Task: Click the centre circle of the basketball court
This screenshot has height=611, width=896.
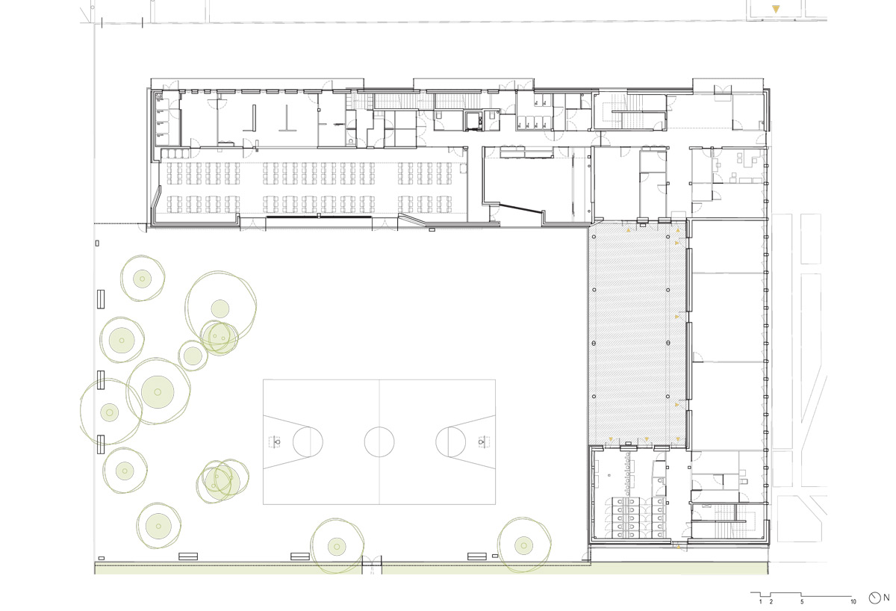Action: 379,441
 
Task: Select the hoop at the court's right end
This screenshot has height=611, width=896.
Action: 482,441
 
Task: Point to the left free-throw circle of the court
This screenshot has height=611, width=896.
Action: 307,441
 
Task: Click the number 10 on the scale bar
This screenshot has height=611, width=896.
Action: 853,601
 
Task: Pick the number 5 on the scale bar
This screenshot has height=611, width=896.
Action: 802,601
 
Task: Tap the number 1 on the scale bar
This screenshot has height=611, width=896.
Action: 761,601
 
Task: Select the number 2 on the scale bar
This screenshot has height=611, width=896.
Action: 771,601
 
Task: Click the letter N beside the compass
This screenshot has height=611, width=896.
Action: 886,598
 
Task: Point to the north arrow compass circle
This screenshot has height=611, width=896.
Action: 875,598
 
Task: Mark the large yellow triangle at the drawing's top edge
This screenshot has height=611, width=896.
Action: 777,10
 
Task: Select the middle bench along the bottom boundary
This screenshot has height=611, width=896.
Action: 300,556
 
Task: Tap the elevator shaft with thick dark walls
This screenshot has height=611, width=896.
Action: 472,119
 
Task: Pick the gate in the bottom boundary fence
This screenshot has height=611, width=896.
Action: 371,565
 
